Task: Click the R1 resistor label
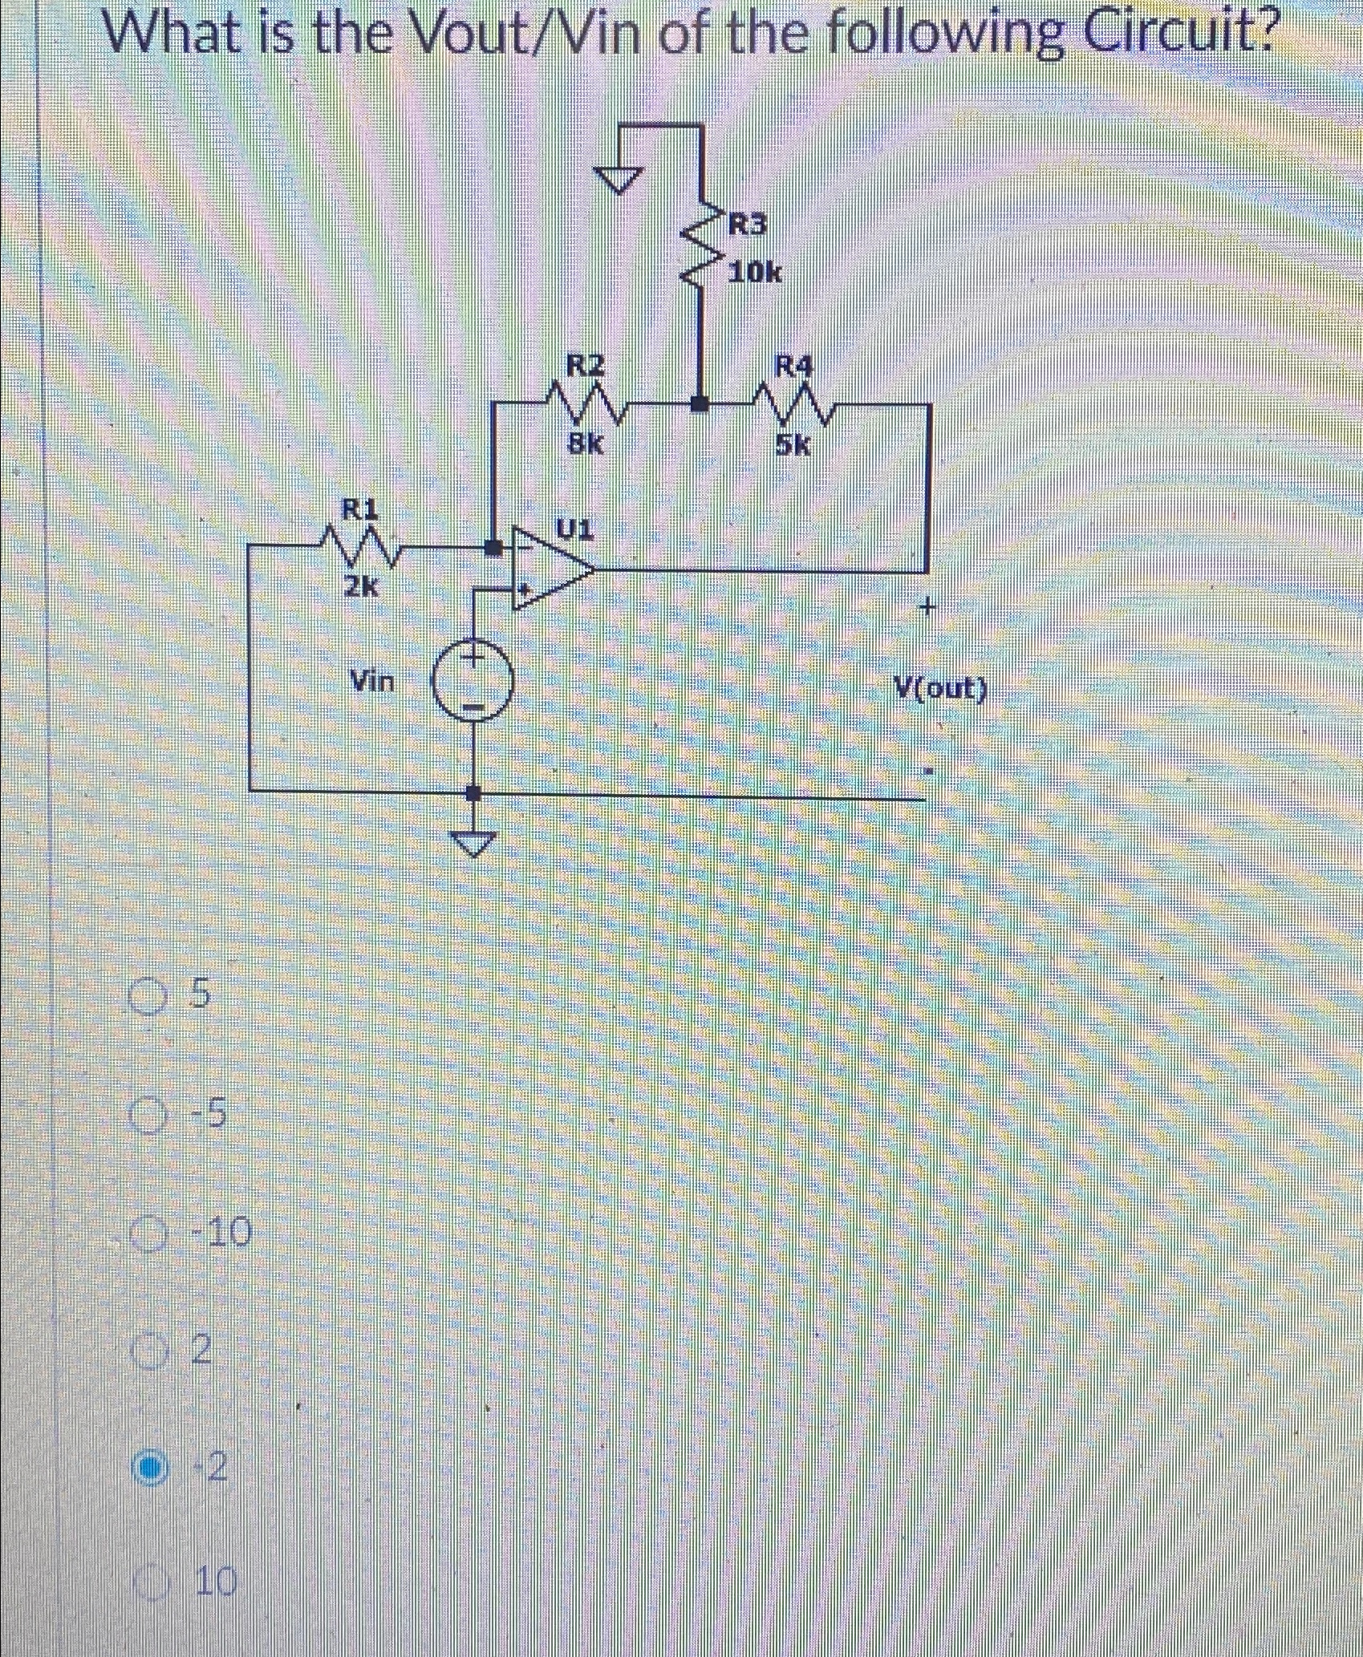coord(360,508)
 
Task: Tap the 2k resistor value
coord(360,588)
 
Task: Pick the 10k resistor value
coord(755,273)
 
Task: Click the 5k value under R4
coord(793,444)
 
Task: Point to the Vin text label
coord(374,682)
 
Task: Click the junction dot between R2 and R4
coord(700,403)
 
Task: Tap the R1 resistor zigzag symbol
coord(360,548)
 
